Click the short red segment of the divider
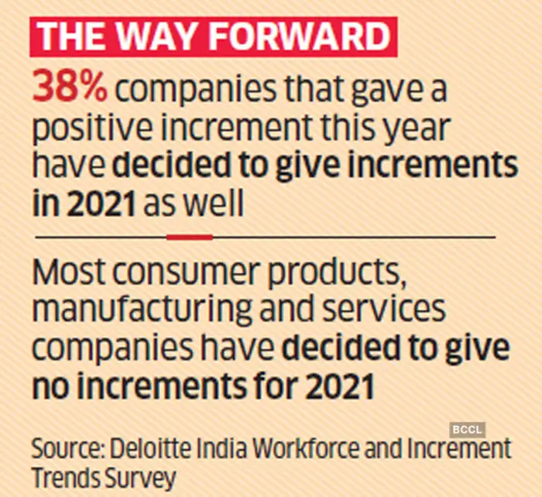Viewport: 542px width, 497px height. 189,237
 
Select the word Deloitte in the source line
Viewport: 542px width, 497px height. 147,449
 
